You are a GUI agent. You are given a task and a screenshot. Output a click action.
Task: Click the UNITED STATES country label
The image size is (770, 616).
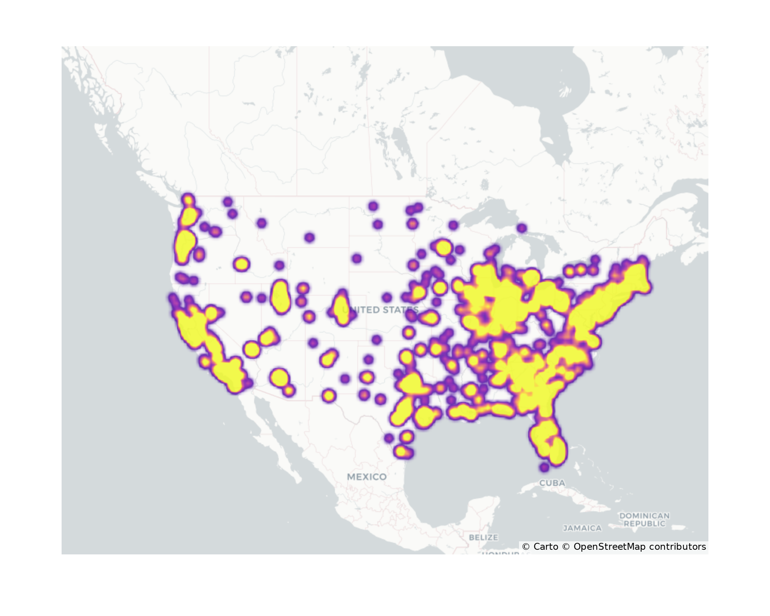pos(380,310)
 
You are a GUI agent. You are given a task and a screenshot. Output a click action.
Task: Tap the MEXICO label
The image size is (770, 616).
pos(367,477)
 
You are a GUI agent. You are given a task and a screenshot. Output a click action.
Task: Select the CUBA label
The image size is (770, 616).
pos(552,483)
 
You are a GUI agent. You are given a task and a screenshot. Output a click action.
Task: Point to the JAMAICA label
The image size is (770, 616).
pos(582,528)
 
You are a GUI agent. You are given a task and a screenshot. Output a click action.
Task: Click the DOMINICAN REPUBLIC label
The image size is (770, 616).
pos(644,519)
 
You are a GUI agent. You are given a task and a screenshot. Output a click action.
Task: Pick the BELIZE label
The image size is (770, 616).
pos(483,537)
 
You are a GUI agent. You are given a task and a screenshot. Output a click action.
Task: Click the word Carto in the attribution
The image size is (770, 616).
pos(546,547)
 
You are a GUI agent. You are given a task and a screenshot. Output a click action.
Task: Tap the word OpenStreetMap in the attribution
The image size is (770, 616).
pos(609,547)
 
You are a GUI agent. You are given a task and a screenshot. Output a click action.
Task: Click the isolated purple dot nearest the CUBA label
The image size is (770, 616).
pos(544,467)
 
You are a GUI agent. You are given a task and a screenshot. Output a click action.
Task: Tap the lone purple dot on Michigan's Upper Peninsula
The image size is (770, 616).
pos(522,228)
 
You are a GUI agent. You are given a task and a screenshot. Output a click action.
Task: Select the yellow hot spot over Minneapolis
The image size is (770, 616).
pos(444,247)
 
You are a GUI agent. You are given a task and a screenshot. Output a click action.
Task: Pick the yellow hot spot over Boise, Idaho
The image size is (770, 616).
pos(241,264)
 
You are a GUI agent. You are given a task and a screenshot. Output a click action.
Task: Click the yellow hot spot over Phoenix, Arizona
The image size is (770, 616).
pos(280,377)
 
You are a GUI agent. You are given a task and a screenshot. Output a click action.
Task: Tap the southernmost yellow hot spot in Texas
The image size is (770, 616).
pos(400,451)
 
